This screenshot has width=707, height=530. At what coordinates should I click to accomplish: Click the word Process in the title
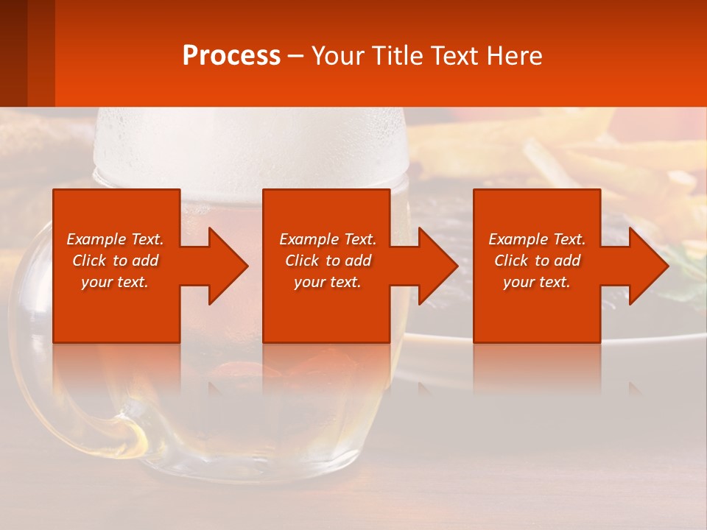pyautogui.click(x=231, y=56)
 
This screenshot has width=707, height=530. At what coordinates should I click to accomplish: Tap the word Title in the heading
pyautogui.click(x=395, y=56)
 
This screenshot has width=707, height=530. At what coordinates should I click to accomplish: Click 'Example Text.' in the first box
pyautogui.click(x=115, y=239)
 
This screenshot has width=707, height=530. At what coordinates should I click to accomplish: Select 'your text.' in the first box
pyautogui.click(x=115, y=282)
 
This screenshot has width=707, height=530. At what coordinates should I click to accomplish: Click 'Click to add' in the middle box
pyautogui.click(x=328, y=261)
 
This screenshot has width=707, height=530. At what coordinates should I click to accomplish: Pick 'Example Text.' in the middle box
pyautogui.click(x=328, y=239)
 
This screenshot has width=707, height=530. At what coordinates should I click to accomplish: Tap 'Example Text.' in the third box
pyautogui.click(x=537, y=239)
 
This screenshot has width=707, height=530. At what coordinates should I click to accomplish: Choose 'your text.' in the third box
pyautogui.click(x=537, y=282)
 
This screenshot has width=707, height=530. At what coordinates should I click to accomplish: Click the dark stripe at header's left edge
pyautogui.click(x=13, y=53)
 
